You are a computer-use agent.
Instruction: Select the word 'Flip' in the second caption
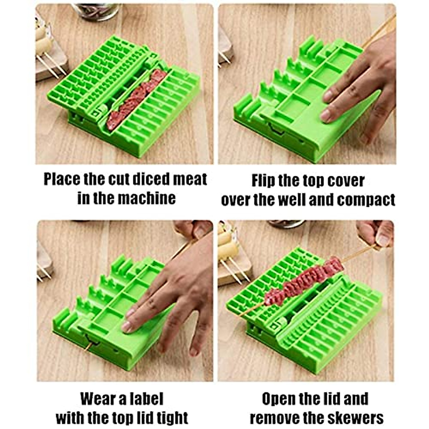[263, 181]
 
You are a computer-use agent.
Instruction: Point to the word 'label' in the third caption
[143, 399]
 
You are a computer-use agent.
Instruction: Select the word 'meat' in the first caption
[190, 179]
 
